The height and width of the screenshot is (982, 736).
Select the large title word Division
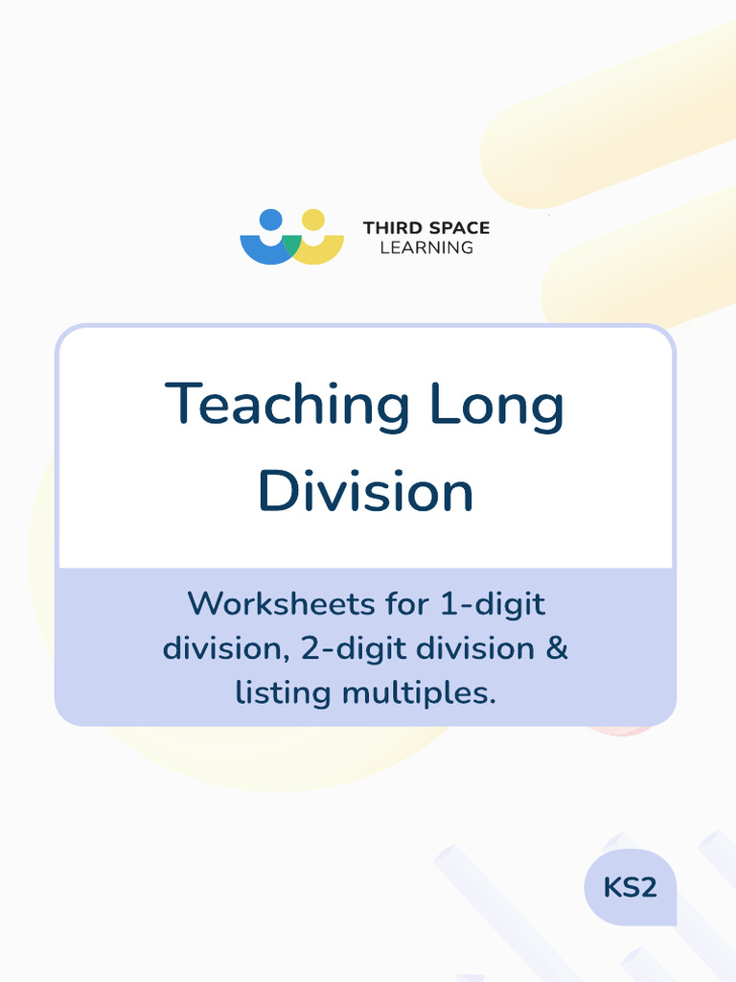click(365, 491)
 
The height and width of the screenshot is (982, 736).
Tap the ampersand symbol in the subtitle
click(557, 648)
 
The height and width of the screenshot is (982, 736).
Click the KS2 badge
click(630, 887)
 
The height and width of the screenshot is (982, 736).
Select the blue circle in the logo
click(271, 220)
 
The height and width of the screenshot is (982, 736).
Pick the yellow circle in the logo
click(312, 220)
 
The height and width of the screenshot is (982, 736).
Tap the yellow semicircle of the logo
click(324, 249)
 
